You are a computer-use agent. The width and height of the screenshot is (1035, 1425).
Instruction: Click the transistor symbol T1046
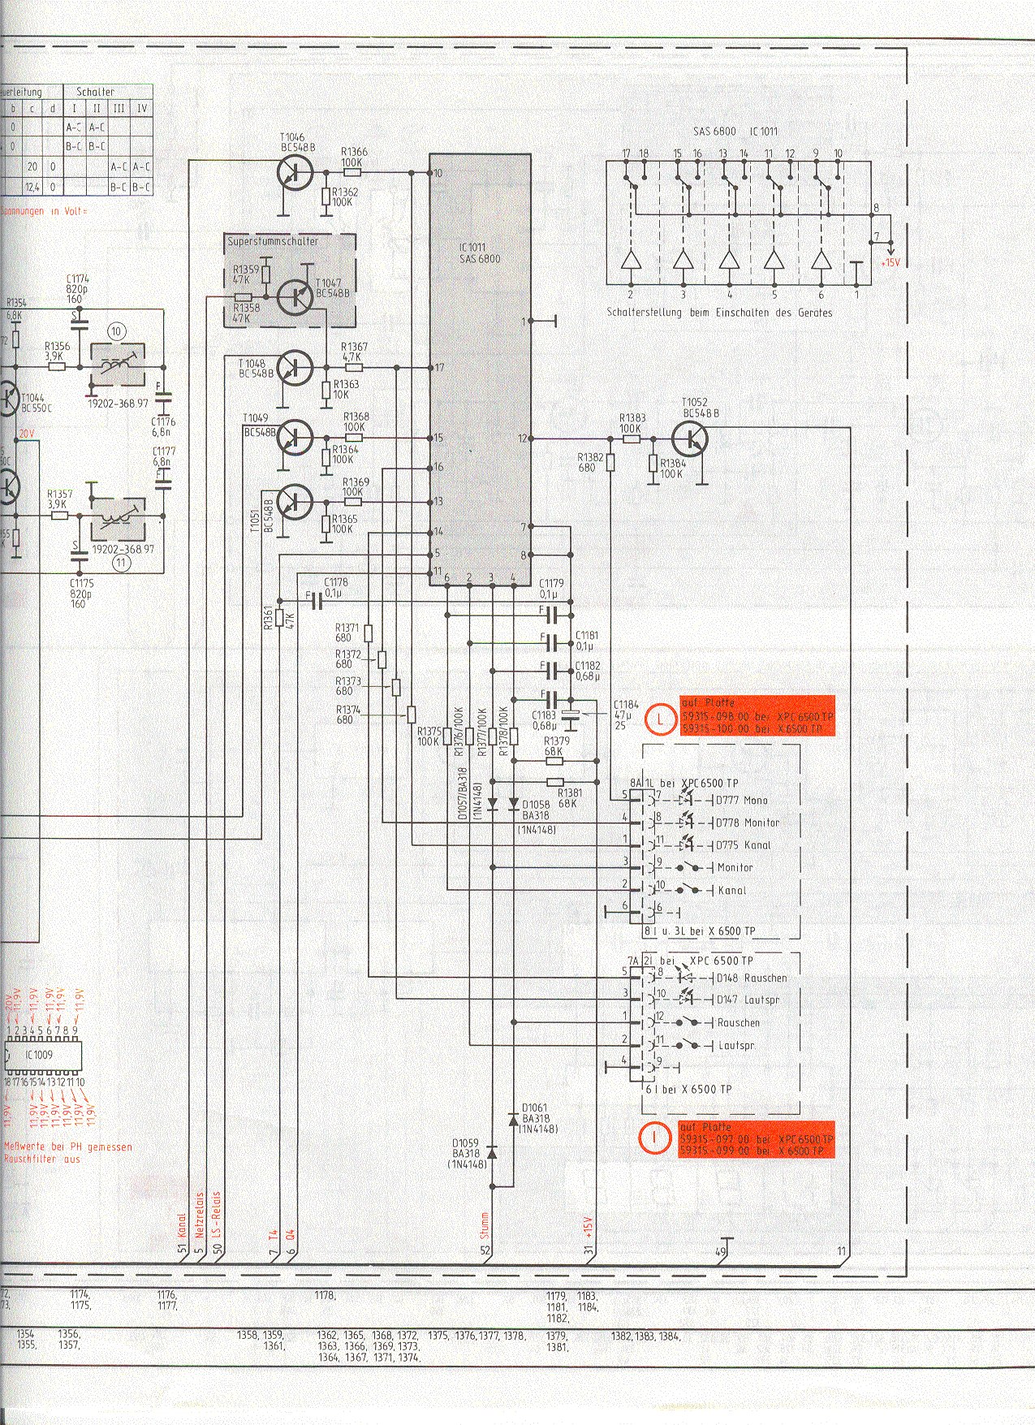293,173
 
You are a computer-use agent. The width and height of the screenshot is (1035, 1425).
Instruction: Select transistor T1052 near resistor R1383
690,439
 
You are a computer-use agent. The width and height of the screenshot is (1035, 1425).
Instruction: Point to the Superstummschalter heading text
273,241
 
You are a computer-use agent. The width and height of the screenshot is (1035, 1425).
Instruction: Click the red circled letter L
662,718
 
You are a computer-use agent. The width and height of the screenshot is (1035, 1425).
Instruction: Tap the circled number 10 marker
117,330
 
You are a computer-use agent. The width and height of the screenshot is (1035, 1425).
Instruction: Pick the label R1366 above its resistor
354,152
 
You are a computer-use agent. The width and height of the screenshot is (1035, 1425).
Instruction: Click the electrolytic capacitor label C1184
626,704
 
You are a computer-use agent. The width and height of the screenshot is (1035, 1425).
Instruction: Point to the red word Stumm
485,1228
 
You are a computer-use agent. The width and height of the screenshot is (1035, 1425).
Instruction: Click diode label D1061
534,1108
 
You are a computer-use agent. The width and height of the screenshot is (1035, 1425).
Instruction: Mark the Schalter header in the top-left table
96,92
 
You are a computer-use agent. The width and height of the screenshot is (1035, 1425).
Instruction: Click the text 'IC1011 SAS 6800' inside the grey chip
480,253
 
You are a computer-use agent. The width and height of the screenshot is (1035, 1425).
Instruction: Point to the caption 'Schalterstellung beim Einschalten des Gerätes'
718,312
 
